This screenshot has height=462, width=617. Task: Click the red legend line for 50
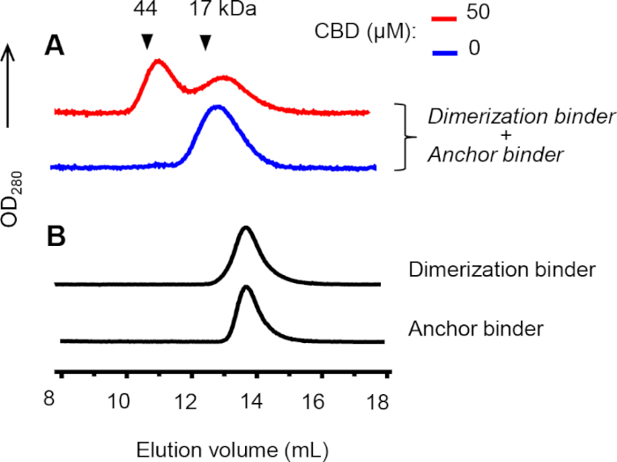tap(443, 16)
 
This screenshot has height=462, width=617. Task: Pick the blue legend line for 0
tap(443, 48)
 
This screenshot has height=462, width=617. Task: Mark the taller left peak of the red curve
tap(158, 61)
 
